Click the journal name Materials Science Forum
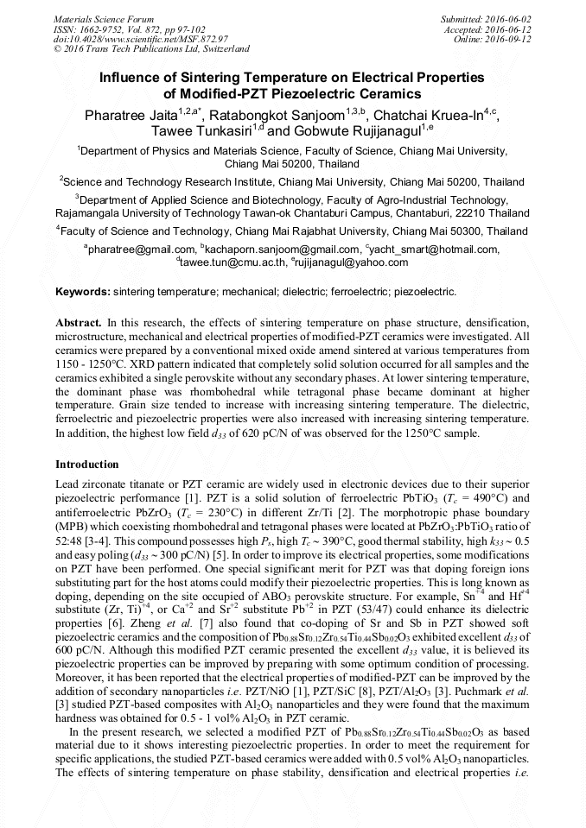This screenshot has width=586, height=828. click(104, 18)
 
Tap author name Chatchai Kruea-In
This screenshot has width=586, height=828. click(427, 115)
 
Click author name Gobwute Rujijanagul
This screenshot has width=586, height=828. click(354, 131)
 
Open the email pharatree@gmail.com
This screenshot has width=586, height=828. click(142, 250)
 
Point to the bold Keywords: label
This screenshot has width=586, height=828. click(83, 293)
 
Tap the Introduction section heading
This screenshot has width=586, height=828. click(86, 464)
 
